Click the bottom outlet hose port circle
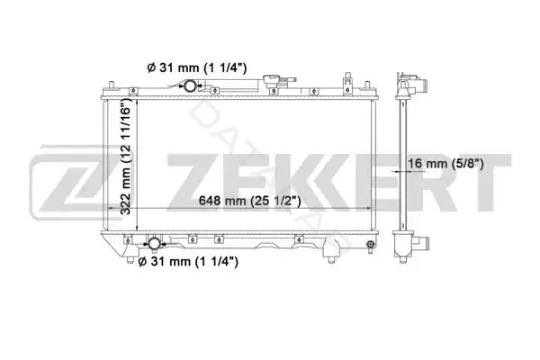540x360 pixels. point(154,244)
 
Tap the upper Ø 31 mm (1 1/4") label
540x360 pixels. point(197,67)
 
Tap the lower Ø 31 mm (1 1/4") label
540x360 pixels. point(188,262)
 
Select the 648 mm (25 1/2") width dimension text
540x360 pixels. point(249,201)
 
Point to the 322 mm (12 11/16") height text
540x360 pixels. point(126,156)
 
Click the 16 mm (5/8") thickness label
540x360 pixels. point(446,163)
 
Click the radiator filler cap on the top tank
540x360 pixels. point(272,81)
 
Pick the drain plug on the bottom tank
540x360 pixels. point(371,246)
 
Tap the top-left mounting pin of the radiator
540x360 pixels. point(112,85)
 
